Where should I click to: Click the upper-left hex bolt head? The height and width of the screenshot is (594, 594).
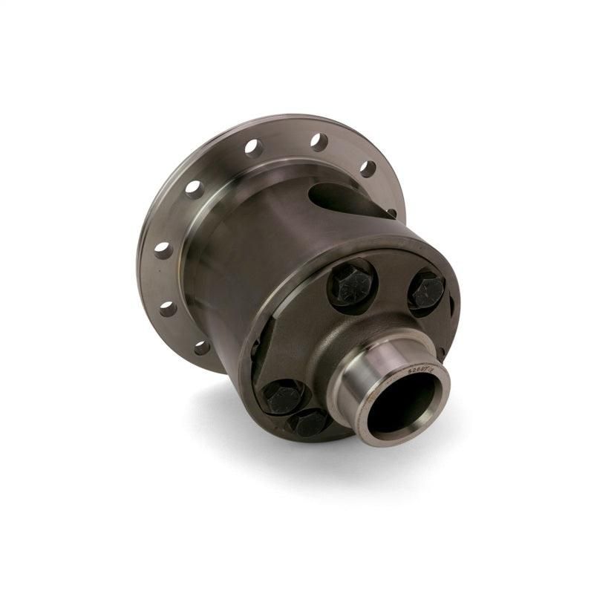click(x=351, y=284)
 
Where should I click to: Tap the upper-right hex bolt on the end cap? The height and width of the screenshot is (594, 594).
click(x=428, y=290)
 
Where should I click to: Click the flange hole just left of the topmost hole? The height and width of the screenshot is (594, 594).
click(x=253, y=148)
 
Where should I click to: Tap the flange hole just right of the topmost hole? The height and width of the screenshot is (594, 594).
click(x=368, y=169)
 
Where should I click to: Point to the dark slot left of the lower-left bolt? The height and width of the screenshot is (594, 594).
click(x=255, y=349)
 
